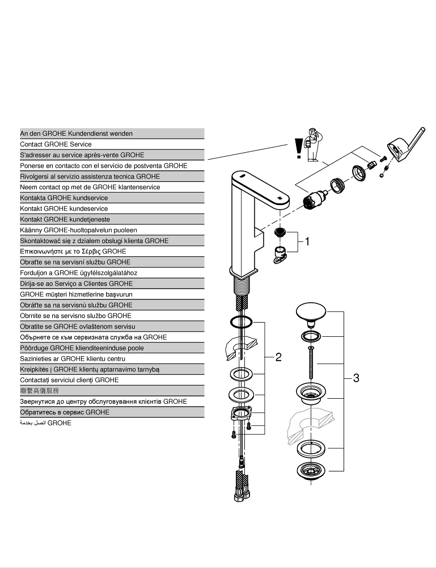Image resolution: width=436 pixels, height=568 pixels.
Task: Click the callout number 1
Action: [307, 241]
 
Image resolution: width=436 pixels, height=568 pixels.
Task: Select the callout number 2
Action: [278, 357]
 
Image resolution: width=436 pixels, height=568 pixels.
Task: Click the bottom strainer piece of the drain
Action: [311, 470]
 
